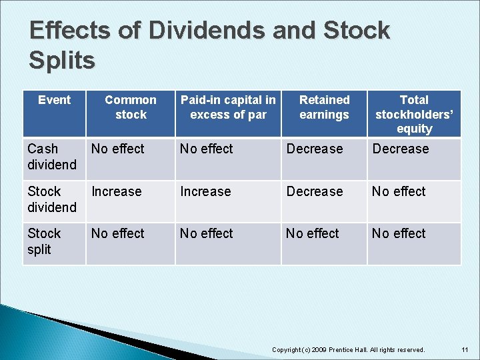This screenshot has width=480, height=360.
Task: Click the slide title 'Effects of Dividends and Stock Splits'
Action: pyautogui.click(x=209, y=45)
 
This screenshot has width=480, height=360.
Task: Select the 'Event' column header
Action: pyautogui.click(x=54, y=100)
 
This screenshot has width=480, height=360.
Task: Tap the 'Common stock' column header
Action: pyautogui.click(x=131, y=107)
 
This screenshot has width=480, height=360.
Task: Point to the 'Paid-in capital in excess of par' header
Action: pyautogui.click(x=228, y=107)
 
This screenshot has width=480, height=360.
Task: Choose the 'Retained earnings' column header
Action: pyautogui.click(x=324, y=107)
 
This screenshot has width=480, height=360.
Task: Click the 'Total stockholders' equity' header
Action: pyautogui.click(x=414, y=114)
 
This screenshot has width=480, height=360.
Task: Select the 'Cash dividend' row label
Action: pyautogui.click(x=52, y=157)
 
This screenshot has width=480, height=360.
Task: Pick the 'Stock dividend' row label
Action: pyautogui.click(x=52, y=199)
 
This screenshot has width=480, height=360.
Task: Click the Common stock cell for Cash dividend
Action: pyautogui.click(x=118, y=149)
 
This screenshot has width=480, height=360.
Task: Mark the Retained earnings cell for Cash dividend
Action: pyautogui.click(x=315, y=149)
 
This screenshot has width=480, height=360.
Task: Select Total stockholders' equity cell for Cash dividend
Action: pyautogui.click(x=401, y=149)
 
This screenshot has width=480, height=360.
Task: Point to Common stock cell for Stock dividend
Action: pyautogui.click(x=117, y=192)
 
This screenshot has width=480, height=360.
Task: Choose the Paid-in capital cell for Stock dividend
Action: pyautogui.click(x=205, y=192)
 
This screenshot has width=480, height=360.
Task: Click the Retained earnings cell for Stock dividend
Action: pyautogui.click(x=315, y=192)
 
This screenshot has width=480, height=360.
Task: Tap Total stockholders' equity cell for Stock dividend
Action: pyautogui.click(x=399, y=192)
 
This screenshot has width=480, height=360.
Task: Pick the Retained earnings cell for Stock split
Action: pyautogui.click(x=313, y=234)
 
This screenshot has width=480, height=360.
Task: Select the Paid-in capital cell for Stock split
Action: pyautogui.click(x=207, y=234)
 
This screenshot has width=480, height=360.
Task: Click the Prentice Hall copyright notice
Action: pyautogui.click(x=349, y=349)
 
